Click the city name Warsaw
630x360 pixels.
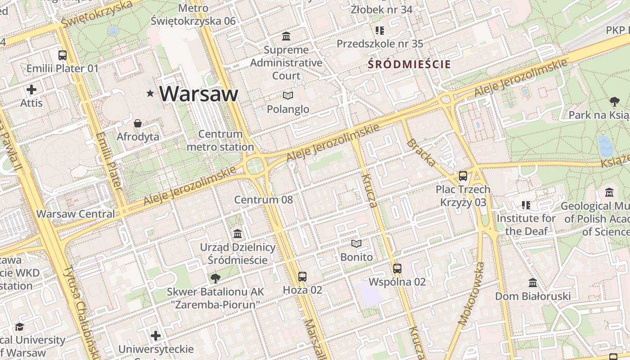pyautogui.click(x=198, y=94)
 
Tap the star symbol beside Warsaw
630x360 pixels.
pyautogui.click(x=150, y=93)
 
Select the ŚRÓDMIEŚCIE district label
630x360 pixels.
pyautogui.click(x=409, y=64)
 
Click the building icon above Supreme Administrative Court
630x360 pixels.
pyautogui.click(x=286, y=36)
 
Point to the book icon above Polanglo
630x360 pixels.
pyautogui.click(x=288, y=95)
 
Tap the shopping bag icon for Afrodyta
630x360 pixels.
pyautogui.click(x=138, y=123)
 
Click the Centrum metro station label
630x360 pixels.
pyautogui.click(x=220, y=140)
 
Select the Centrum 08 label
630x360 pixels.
pyautogui.click(x=263, y=199)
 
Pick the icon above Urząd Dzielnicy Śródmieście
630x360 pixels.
pyautogui.click(x=238, y=234)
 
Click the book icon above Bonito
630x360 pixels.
pyautogui.click(x=356, y=243)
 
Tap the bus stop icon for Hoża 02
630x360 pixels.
pyautogui.click(x=302, y=276)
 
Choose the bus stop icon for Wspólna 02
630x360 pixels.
pyautogui.click(x=397, y=269)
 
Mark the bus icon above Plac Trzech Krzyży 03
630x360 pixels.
pyautogui.click(x=463, y=176)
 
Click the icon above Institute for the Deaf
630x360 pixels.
pyautogui.click(x=526, y=205)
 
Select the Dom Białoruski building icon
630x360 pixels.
pyautogui.click(x=533, y=283)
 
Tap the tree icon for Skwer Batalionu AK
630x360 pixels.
pyautogui.click(x=216, y=278)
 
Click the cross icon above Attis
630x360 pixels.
pyautogui.click(x=31, y=90)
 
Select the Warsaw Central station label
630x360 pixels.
pyautogui.click(x=76, y=214)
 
